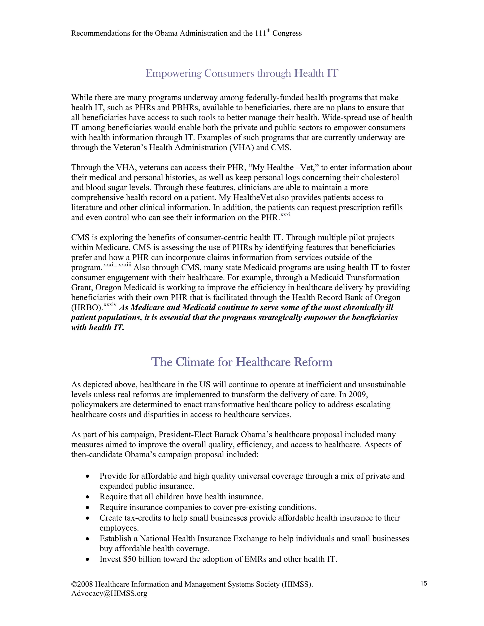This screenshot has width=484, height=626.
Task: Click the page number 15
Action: pos(423,583)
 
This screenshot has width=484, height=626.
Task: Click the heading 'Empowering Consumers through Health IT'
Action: pos(242,73)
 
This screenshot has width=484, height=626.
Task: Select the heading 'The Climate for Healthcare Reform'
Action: pos(242,362)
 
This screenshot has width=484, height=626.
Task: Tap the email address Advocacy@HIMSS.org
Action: pos(109,593)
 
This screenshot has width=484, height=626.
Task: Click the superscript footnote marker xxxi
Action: pos(285,215)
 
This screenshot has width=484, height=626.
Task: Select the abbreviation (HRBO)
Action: pos(87,308)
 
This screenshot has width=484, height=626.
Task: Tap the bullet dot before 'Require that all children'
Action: pos(87,497)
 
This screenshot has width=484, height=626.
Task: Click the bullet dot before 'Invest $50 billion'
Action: pos(87,559)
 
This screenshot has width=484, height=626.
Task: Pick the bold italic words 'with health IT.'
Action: pos(98,328)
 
